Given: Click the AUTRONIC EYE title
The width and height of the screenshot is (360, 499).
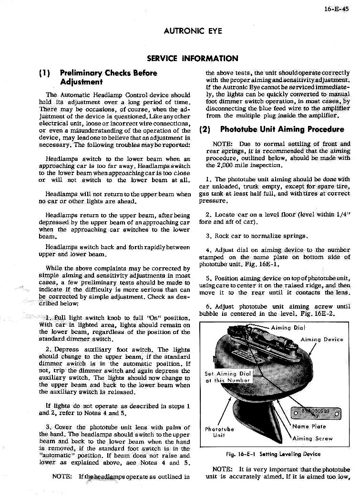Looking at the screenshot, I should pos(193,31).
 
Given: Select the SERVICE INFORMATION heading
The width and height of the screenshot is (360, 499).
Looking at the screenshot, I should pos(193,59).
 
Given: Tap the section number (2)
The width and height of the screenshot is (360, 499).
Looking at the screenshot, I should pos(207,129).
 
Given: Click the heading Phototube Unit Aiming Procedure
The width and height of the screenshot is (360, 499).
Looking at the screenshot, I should pos(282,129).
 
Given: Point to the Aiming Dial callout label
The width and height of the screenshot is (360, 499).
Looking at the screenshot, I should pos(288,328).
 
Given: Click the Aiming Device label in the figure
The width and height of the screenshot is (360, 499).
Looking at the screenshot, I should pos(322,339).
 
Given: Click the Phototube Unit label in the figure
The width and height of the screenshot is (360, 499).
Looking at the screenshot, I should pos(219,432).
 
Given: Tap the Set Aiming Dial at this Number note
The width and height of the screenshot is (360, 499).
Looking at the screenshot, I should pos(227,377).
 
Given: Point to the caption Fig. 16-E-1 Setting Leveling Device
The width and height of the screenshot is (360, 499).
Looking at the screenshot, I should pos(273,454).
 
